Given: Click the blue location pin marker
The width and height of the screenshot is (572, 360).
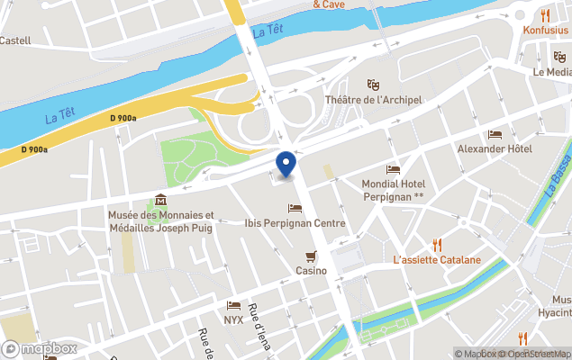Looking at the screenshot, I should [286, 163].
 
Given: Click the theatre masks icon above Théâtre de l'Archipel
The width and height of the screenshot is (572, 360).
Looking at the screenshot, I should [373, 84].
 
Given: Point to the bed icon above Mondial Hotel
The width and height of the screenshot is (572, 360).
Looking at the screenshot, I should [393, 169].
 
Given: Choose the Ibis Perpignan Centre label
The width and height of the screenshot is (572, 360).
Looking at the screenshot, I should [295, 222].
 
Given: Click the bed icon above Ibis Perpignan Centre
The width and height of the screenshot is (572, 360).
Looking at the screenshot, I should [295, 208].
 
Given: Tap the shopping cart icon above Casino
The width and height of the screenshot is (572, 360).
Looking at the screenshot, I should [312, 256].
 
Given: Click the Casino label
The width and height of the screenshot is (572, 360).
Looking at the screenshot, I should [312, 270].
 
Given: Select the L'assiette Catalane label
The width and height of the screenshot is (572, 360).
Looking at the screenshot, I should [437, 260].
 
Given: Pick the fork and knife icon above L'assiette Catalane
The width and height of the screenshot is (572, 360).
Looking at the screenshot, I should [437, 244].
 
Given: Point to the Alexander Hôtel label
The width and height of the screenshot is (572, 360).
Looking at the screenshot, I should [495, 148].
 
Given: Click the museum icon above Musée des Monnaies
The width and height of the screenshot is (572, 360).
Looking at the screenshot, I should [161, 200].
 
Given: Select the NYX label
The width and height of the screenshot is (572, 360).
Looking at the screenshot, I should [234, 319].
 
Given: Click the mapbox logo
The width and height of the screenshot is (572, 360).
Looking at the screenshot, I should [40, 348].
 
